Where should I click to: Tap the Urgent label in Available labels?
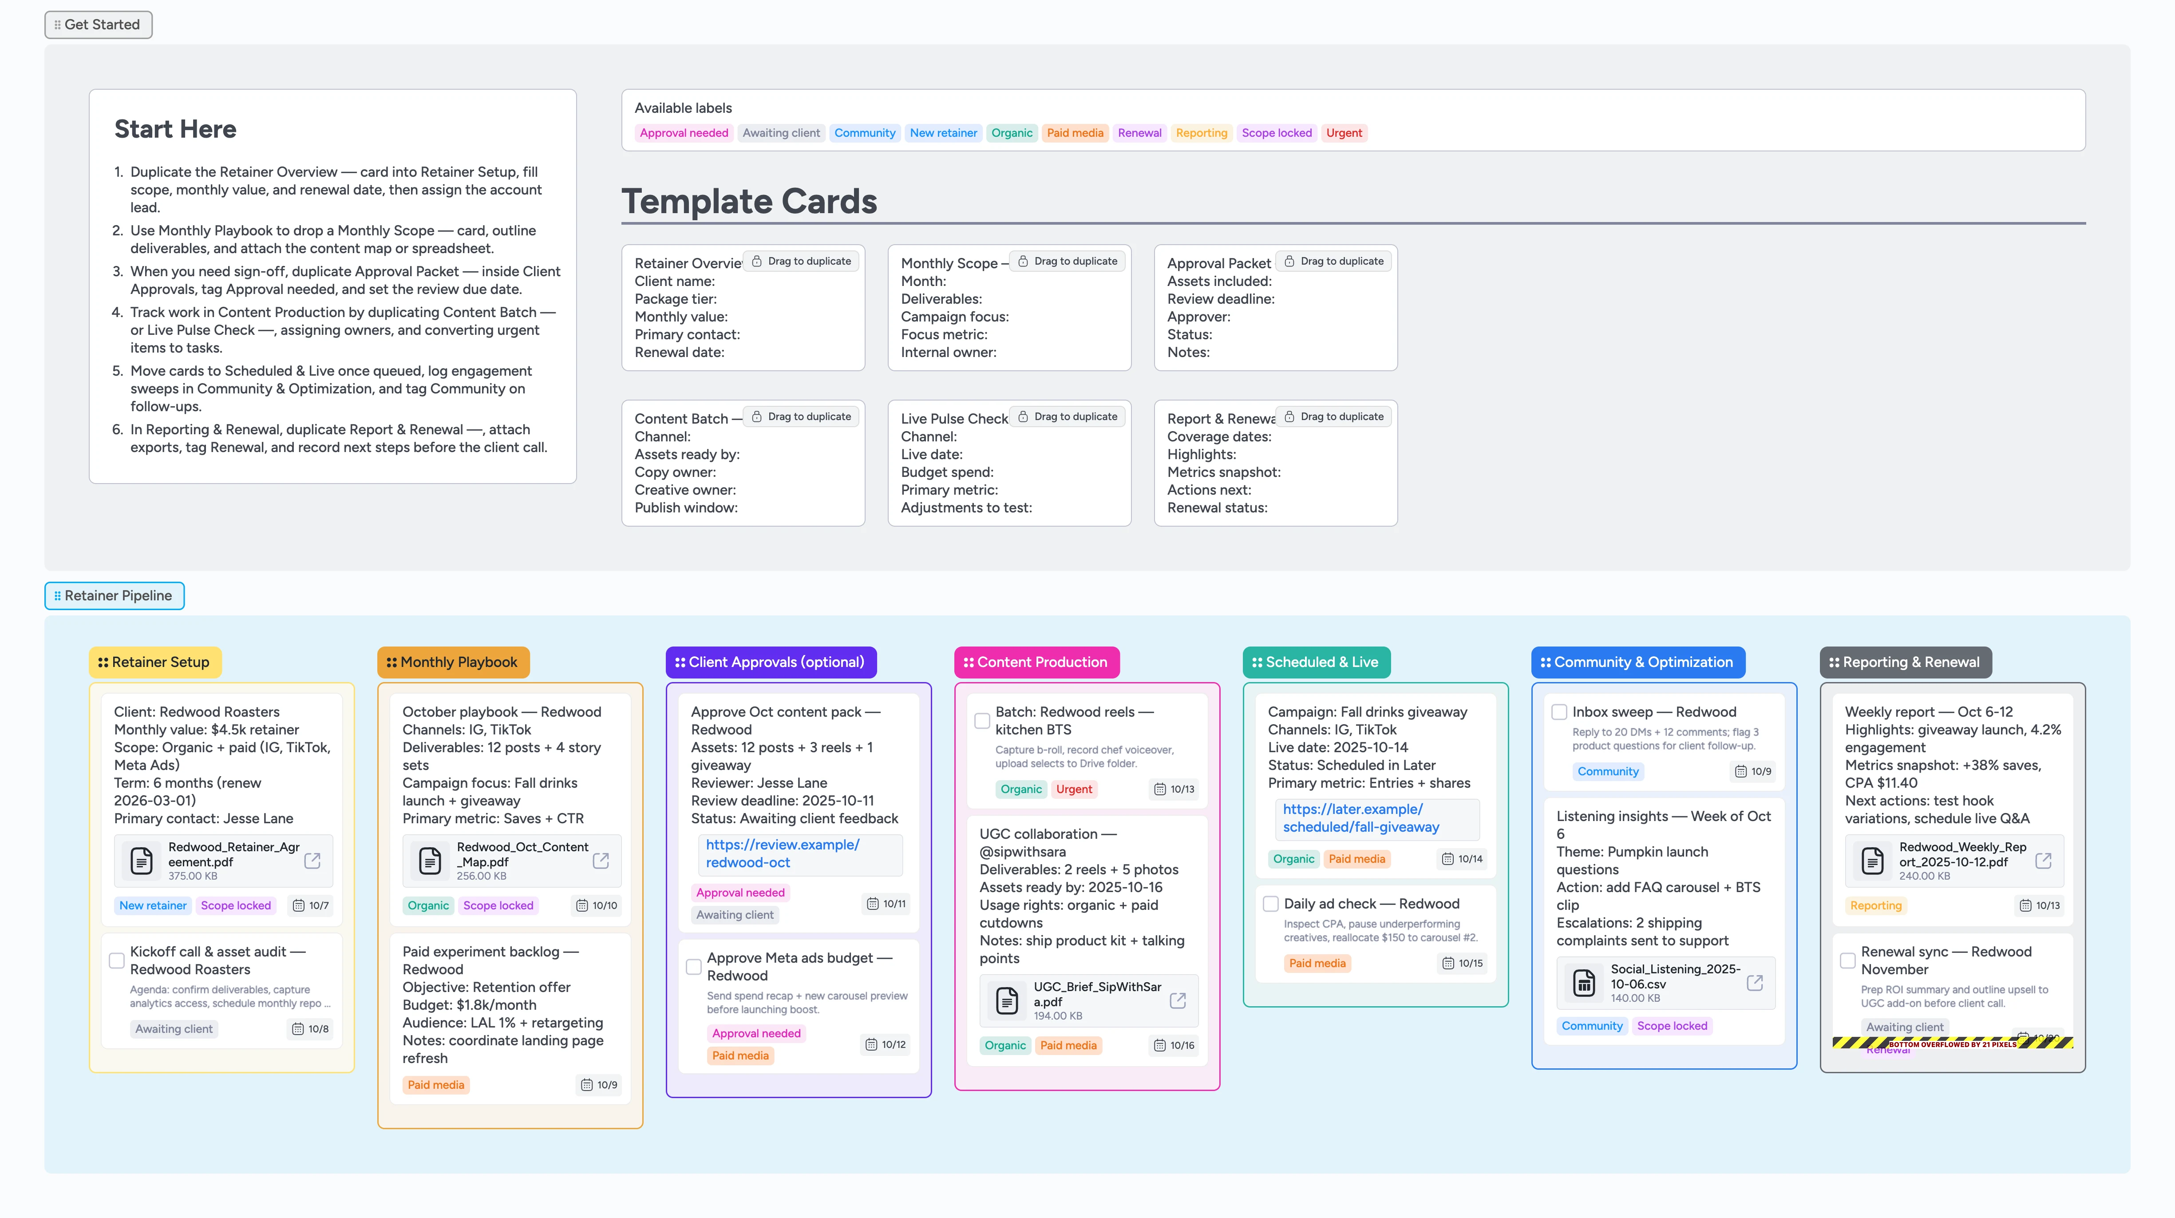pyautogui.click(x=1343, y=133)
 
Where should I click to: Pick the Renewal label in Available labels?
pyautogui.click(x=1139, y=133)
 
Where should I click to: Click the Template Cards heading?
pyautogui.click(x=749, y=201)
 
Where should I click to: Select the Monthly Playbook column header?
pyautogui.click(x=453, y=662)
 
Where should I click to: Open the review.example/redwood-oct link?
pyautogui.click(x=783, y=853)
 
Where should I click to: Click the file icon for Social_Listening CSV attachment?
pyautogui.click(x=1584, y=983)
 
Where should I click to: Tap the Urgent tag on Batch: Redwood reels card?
pyautogui.click(x=1074, y=789)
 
